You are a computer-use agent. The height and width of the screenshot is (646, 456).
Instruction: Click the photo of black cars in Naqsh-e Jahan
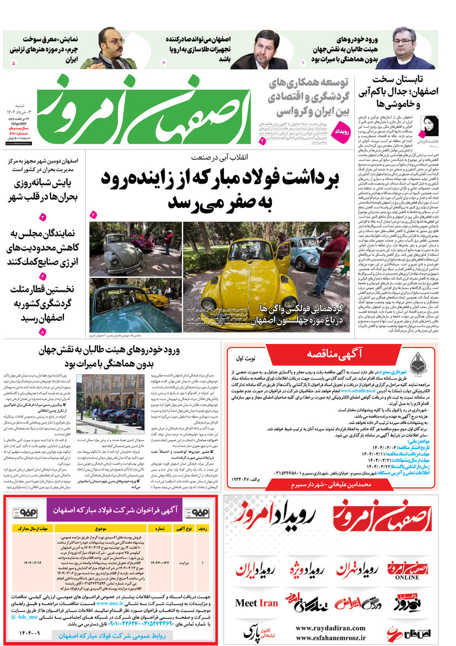pyautogui.click(x=111, y=398)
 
